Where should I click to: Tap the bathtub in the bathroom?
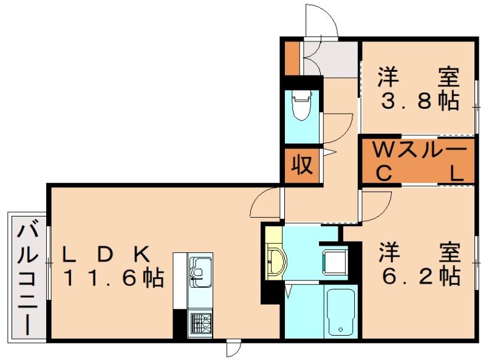(x=340, y=311)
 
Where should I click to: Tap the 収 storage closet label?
(x=300, y=165)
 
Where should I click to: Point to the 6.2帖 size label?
(x=419, y=276)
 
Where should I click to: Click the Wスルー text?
(x=419, y=150)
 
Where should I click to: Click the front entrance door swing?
(x=322, y=21)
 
